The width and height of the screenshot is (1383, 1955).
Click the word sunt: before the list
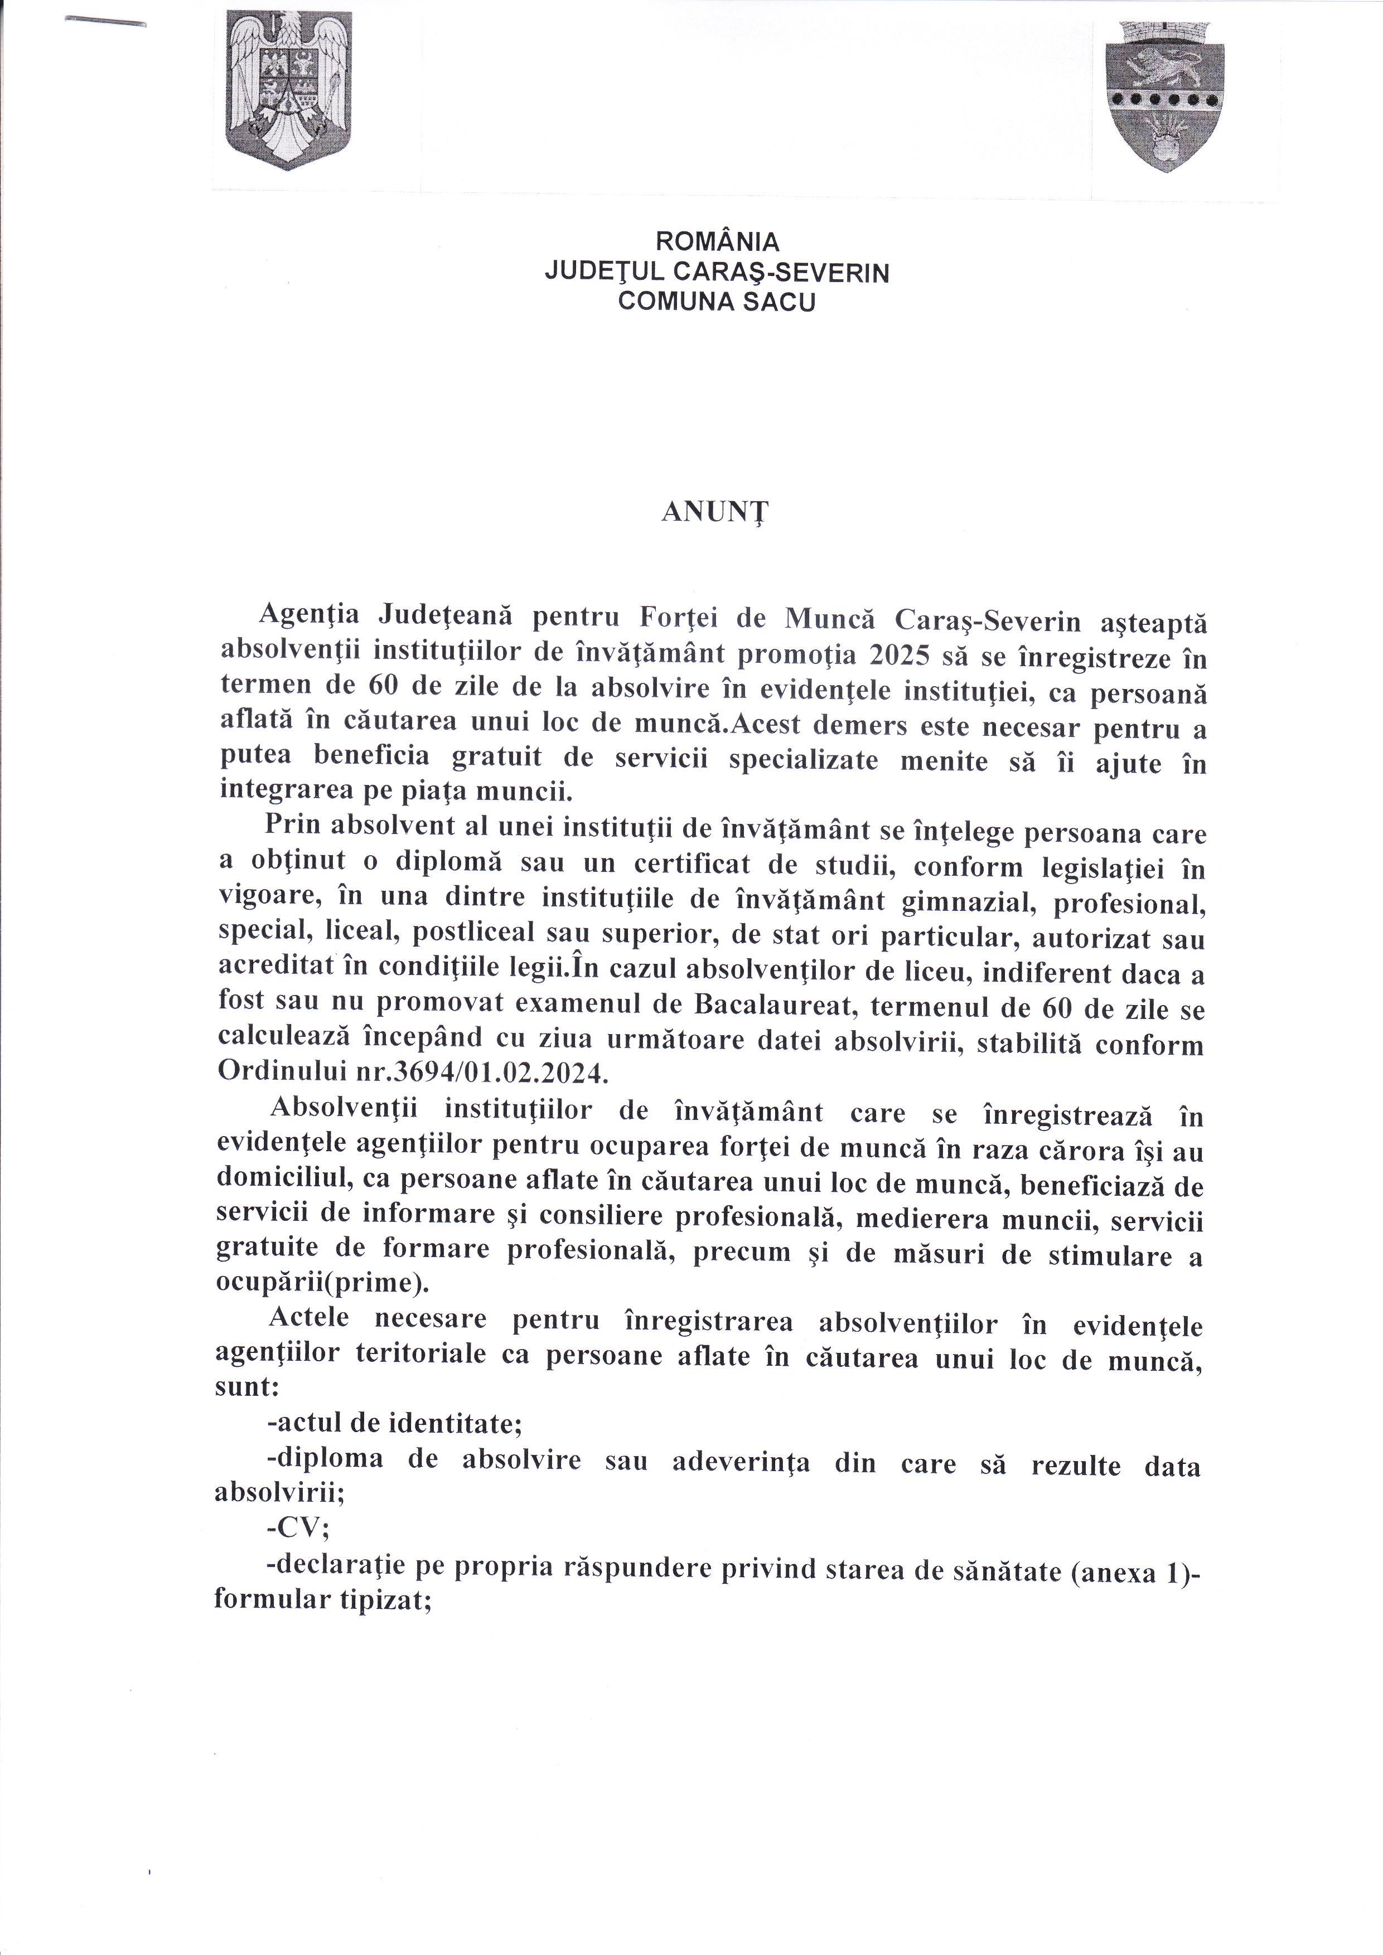pyautogui.click(x=249, y=1386)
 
